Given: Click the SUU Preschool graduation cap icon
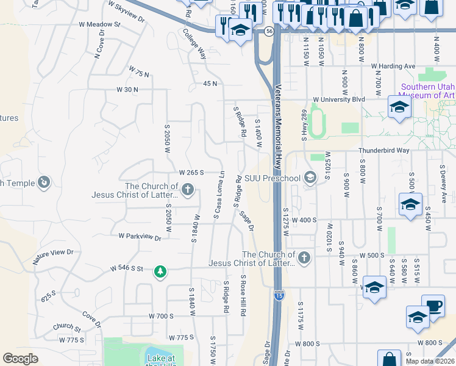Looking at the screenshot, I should coord(310,178).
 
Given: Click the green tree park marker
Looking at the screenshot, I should coord(160,271).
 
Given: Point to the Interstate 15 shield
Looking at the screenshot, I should coord(277,294).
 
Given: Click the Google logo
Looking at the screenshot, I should coord(20,359).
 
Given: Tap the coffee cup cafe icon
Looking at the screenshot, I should coord(433,306).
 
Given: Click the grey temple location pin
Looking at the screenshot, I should coord(43,182).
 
